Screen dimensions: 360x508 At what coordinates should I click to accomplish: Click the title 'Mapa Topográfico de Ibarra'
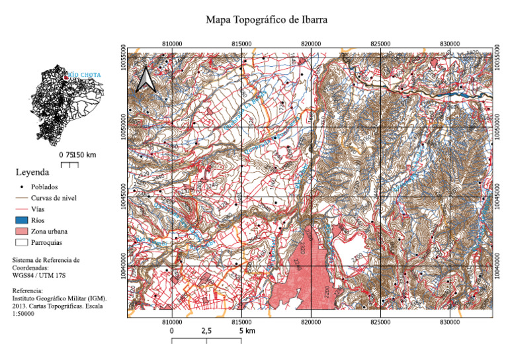267,20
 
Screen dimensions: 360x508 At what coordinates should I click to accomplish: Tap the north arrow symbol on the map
145,79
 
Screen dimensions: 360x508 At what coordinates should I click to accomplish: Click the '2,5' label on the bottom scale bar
206,330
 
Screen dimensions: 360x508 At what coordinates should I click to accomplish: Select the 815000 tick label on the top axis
241,43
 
